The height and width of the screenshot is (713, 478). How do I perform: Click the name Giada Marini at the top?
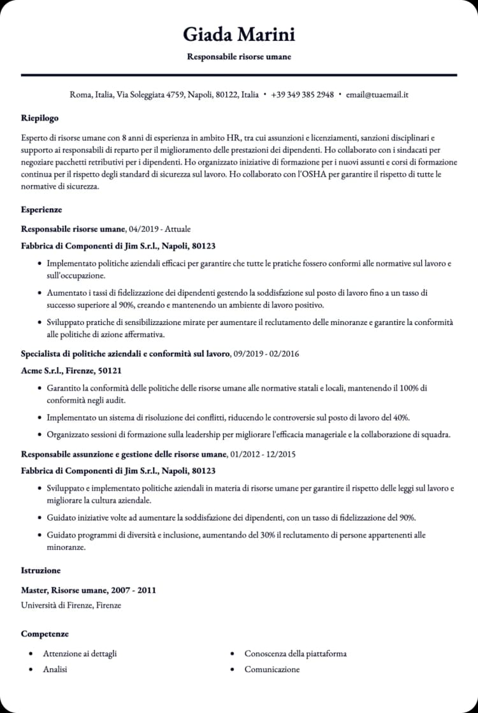(x=238, y=34)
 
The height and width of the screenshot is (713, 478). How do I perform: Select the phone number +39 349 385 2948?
(x=302, y=95)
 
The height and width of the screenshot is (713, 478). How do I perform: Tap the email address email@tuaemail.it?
(x=377, y=95)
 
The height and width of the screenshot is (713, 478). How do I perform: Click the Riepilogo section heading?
(x=40, y=118)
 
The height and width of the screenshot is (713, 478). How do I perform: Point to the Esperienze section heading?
(x=41, y=210)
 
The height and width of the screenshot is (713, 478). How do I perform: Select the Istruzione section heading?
(x=41, y=570)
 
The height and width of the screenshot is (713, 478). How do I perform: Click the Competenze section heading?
(x=45, y=634)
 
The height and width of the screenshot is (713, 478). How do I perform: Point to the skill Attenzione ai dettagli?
(x=80, y=654)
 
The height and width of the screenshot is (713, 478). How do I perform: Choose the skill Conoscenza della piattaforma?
(x=296, y=654)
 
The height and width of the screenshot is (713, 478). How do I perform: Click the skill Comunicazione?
(x=272, y=670)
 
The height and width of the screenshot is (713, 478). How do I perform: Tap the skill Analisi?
(x=55, y=670)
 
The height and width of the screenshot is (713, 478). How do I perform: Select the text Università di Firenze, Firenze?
(x=71, y=605)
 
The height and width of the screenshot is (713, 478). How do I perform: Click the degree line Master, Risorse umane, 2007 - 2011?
(x=89, y=590)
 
